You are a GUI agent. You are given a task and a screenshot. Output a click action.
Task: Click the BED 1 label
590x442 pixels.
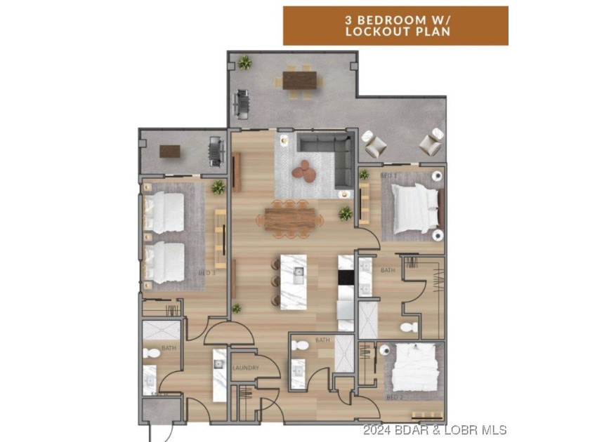[x=388, y=174]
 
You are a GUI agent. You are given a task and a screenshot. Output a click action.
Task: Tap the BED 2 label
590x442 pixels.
[x=395, y=397]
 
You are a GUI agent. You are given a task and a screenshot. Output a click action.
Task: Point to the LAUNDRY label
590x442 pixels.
[x=245, y=368]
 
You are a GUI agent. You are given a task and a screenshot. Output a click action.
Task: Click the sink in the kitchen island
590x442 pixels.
[x=298, y=271]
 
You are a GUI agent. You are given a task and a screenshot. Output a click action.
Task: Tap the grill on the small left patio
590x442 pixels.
[x=215, y=151]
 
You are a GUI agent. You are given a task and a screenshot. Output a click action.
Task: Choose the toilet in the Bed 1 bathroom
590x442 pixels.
[x=407, y=326]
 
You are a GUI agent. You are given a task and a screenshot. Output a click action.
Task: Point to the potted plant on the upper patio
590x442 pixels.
[x=244, y=62]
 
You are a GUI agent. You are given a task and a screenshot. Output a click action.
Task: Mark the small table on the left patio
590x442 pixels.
[x=171, y=151]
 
